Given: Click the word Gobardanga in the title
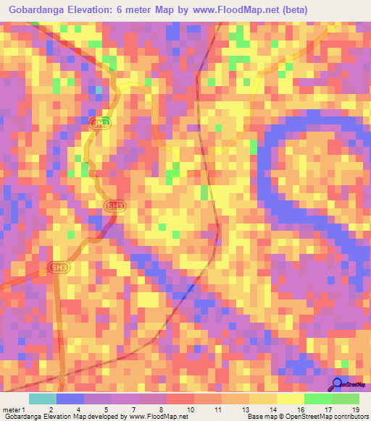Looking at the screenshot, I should [x=34, y=10].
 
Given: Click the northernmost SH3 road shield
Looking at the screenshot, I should [x=102, y=123].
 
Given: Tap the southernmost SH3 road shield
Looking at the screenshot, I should [x=60, y=268].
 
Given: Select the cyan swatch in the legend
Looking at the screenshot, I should [x=42, y=399].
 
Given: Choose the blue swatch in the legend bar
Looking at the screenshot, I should [x=70, y=399].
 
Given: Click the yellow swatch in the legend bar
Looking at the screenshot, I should [x=290, y=399].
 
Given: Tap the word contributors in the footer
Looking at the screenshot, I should [x=348, y=417].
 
